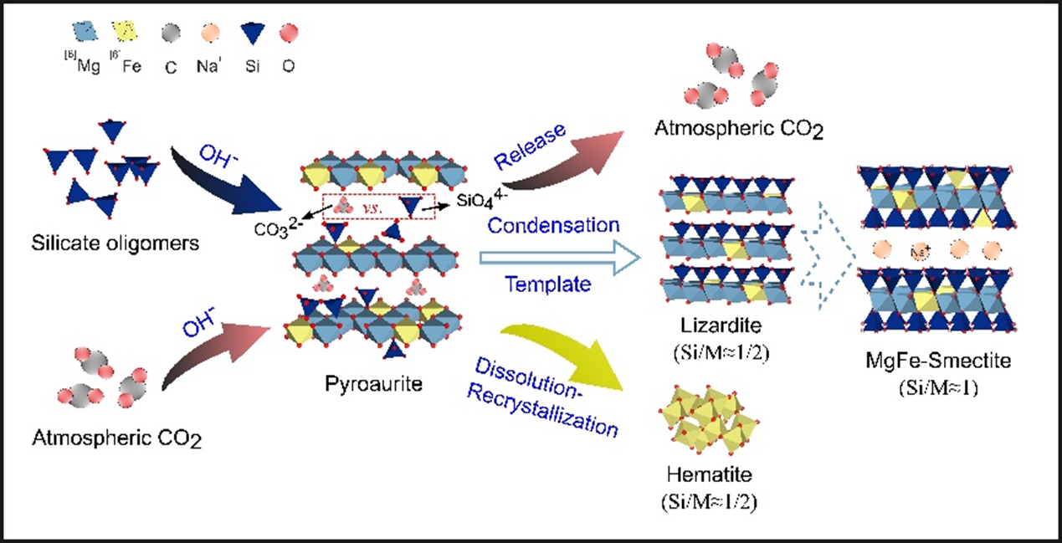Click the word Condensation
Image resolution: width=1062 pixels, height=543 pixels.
click(553, 225)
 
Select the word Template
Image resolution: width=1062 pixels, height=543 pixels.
click(547, 284)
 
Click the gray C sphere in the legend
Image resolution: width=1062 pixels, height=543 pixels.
click(170, 33)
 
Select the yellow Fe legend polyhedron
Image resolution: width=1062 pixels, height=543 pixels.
click(126, 33)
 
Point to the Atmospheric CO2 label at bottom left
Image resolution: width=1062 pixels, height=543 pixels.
click(116, 437)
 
